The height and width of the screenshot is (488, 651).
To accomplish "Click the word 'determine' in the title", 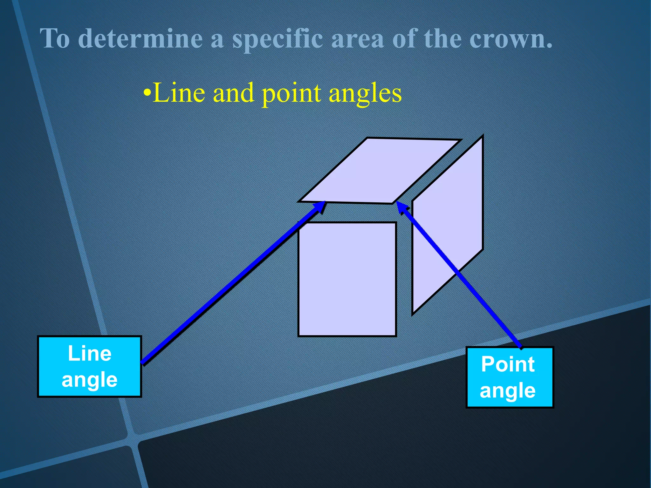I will pos(140,38).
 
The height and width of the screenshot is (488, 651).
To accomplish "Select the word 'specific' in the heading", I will pos(278,39).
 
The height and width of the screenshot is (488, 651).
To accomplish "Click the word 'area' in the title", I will pos(357,39).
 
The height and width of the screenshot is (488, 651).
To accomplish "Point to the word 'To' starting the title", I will pos(54,38).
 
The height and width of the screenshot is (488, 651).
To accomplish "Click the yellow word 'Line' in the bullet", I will pos(179,93).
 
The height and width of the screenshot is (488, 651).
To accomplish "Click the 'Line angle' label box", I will pos(89,366).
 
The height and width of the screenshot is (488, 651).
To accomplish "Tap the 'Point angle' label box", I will pos(510,377).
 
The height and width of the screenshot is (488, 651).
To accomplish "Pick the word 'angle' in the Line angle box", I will pos(89,380).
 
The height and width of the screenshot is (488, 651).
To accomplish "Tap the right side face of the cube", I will pos(448,222).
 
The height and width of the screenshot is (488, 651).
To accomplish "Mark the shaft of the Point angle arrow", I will pos(461,276).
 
